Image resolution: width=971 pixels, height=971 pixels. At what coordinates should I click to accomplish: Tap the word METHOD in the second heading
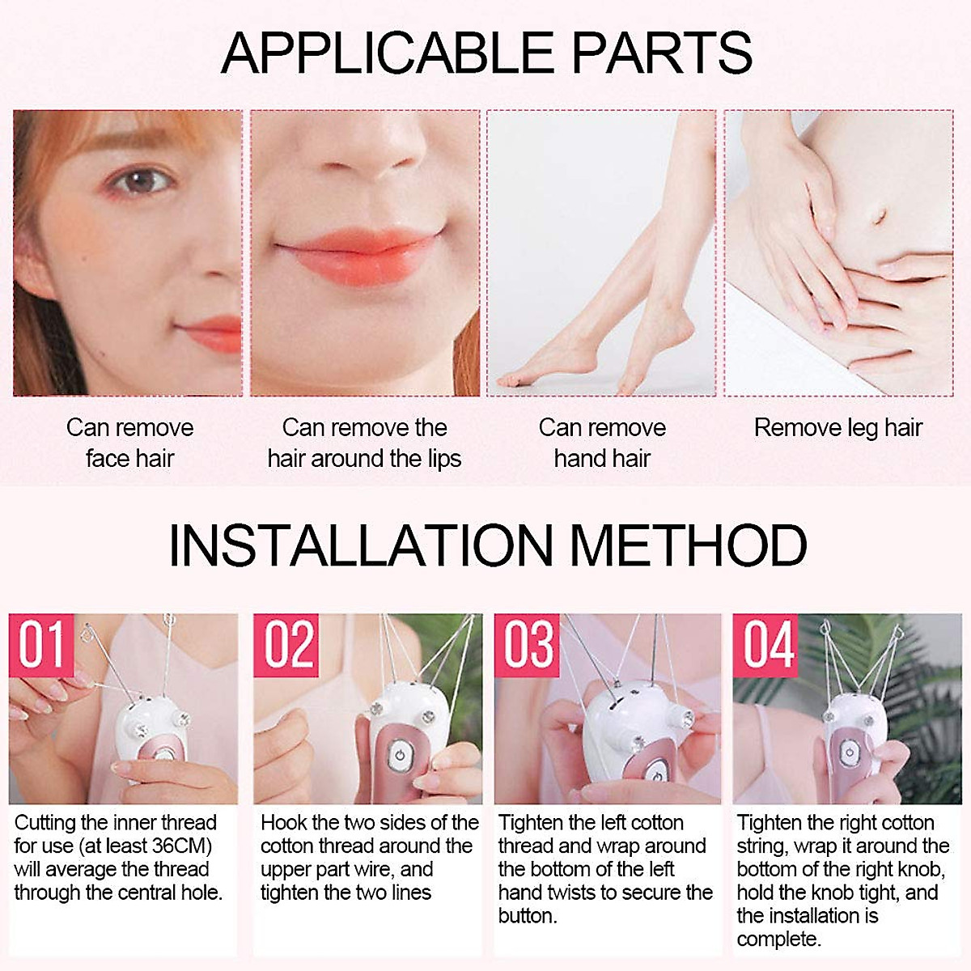tap(689, 545)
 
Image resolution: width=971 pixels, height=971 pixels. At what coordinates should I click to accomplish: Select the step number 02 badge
tap(286, 645)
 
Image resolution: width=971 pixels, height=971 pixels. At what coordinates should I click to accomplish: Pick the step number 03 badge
tap(528, 645)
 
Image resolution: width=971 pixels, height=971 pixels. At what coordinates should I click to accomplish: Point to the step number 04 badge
tap(766, 645)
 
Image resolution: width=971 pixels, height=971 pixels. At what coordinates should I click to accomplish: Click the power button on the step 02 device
tap(399, 758)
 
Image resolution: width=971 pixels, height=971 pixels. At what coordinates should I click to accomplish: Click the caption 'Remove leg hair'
tap(838, 427)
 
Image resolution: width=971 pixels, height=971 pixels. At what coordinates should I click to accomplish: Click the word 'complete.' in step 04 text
tap(778, 939)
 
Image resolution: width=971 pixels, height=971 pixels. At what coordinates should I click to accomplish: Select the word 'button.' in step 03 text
tap(528, 916)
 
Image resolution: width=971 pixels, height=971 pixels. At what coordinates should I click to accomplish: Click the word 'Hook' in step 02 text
tap(283, 823)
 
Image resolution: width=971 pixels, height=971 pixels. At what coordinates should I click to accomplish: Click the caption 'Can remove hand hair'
tap(602, 443)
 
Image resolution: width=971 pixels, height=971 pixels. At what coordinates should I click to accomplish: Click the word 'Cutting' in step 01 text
tap(45, 823)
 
